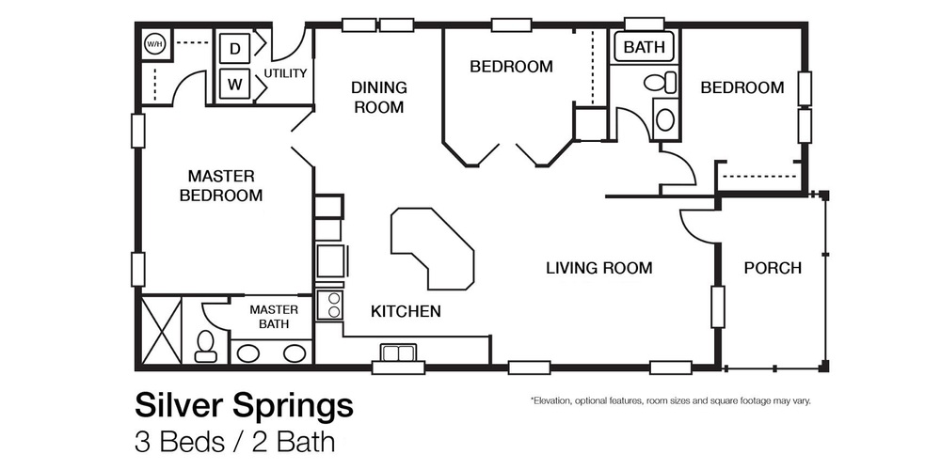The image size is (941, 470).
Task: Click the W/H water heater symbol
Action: point(153,44)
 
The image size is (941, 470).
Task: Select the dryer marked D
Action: point(234,48)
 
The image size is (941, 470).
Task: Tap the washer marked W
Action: point(234,85)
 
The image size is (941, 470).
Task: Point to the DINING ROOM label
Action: point(378,97)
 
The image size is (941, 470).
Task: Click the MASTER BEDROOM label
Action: point(220,185)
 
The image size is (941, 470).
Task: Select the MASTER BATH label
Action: point(273,317)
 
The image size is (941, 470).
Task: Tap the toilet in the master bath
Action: point(204,346)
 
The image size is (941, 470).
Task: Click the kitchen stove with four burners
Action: point(331,305)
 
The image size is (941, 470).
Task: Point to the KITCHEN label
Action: point(406,311)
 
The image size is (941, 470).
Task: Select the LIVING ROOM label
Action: point(598,268)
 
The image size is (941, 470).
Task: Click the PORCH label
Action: point(773,268)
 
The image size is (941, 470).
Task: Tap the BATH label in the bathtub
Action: point(644,47)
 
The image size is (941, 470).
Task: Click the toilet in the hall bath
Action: point(662,84)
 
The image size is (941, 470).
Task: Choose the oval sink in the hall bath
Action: point(665,119)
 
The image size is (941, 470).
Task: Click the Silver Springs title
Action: point(244,406)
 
